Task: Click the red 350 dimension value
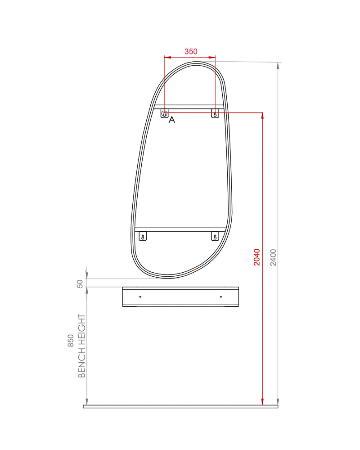[x=191, y=52]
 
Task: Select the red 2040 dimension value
[x=256, y=257]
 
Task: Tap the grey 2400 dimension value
[x=274, y=257]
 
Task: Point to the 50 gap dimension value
[x=80, y=283]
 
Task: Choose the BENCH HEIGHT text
[x=82, y=346]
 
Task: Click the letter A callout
[x=171, y=120]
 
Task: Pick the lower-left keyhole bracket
[x=143, y=236]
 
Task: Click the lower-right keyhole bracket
[x=215, y=236]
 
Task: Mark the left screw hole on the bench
[x=140, y=297]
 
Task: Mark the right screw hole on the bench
[x=221, y=297]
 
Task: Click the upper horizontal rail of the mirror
[x=189, y=107]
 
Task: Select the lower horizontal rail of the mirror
[x=180, y=229]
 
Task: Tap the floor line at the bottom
[x=180, y=406]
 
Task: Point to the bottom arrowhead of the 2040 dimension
[x=262, y=401]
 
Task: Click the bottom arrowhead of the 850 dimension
[x=87, y=401]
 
